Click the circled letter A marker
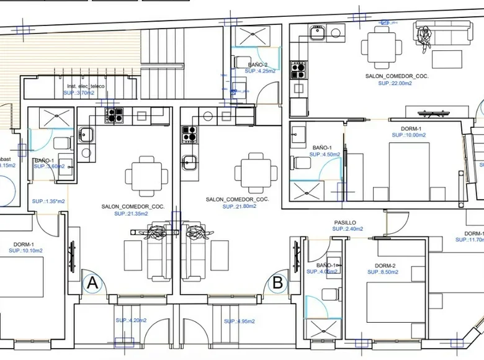tap(92, 284)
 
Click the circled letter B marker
tap(277, 284)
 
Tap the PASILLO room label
tap(345, 222)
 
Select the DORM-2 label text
tap(385, 265)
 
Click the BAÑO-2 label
tap(257, 65)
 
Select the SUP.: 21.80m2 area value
tap(239, 206)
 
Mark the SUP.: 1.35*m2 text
tap(48, 202)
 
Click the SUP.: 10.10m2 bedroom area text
tap(25, 251)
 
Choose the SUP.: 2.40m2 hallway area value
tap(347, 229)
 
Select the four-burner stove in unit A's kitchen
tap(114, 115)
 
